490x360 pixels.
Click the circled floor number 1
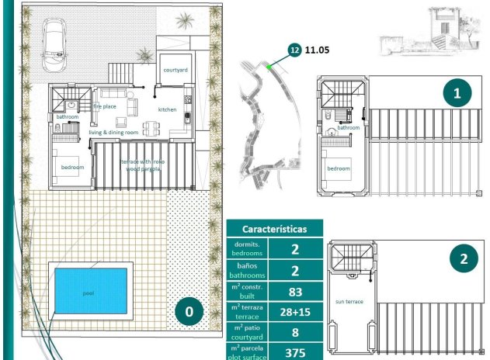click(x=457, y=94)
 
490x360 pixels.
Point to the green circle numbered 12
click(x=294, y=49)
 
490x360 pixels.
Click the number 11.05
click(x=318, y=49)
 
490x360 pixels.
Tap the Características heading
click(x=274, y=229)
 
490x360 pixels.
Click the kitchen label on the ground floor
click(x=168, y=110)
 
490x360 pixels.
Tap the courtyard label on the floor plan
click(x=175, y=70)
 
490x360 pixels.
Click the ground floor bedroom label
click(x=73, y=168)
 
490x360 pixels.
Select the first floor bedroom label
click(x=338, y=168)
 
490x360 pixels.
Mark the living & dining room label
click(x=113, y=133)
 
